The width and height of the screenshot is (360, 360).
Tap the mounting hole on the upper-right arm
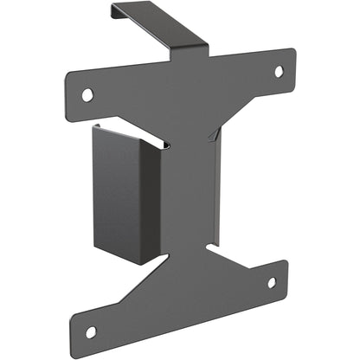click(x=279, y=71)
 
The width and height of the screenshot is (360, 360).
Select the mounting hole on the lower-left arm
click(x=90, y=331)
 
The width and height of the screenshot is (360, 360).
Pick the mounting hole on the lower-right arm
click(x=271, y=282)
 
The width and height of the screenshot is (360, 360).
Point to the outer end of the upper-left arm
click(x=71, y=92)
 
